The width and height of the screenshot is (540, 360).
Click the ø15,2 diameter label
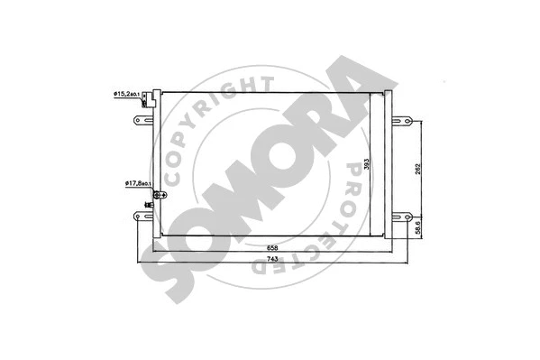click(x=132, y=93)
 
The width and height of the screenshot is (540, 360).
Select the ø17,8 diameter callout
click(x=140, y=184)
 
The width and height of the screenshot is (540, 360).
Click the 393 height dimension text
click(x=368, y=164)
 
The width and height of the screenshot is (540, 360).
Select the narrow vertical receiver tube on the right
click(x=389, y=162)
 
